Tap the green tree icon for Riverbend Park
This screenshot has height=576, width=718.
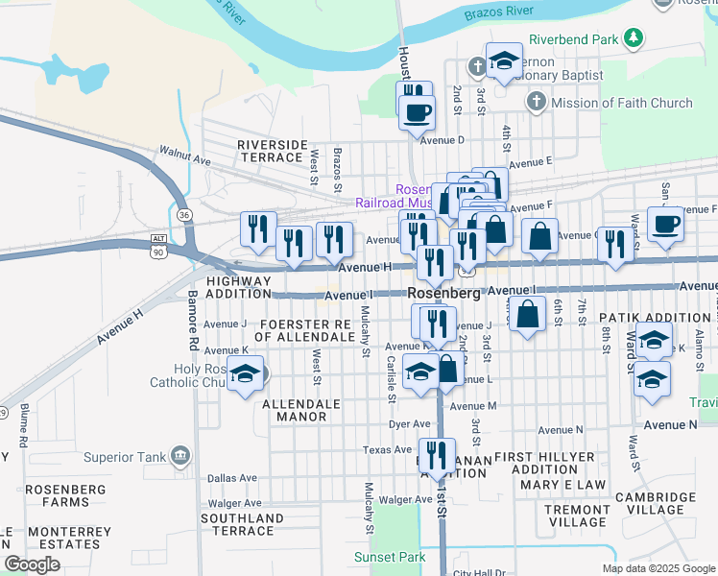click(632, 38)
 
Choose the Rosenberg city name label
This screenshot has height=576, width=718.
click(443, 293)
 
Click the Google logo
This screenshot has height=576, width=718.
click(33, 564)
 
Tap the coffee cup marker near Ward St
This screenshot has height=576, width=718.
click(665, 226)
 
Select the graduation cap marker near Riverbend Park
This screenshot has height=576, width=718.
click(503, 62)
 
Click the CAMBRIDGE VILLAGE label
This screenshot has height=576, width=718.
click(655, 503)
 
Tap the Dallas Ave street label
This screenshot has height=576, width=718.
click(232, 477)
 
